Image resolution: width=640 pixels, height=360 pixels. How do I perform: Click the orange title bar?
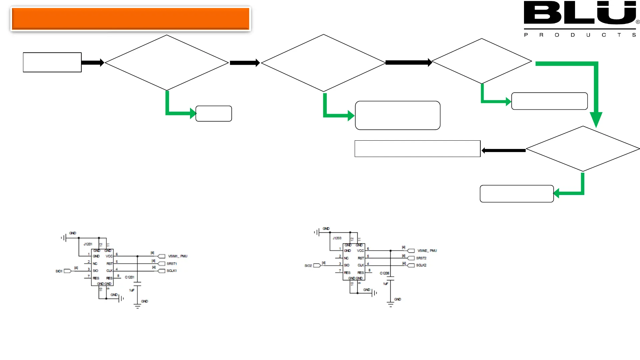130,19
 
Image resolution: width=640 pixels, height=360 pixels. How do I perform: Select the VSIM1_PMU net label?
178,256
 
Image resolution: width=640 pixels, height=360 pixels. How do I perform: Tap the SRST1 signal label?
172,264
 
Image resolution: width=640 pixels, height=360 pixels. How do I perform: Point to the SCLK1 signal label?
172,271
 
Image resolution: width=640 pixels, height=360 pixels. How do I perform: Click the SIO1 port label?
59,271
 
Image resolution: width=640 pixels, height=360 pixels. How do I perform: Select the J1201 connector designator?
88,244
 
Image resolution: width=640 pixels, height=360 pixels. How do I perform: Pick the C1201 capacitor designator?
129,277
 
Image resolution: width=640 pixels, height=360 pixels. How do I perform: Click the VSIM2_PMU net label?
427,251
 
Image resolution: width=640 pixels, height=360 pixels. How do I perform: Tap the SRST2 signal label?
421,258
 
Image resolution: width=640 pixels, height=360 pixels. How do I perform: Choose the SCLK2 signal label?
421,265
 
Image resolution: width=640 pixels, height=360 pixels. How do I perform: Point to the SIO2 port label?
308,266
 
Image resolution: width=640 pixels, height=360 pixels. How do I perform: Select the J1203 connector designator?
337,238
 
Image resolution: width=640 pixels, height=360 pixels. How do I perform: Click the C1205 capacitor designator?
384,273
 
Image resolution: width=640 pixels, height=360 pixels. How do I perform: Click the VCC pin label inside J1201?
109,256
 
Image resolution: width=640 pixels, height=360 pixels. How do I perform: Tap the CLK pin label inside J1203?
361,265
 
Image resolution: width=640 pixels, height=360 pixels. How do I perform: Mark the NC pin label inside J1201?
95,264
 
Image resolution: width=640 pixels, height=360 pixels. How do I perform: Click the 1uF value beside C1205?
385,284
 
